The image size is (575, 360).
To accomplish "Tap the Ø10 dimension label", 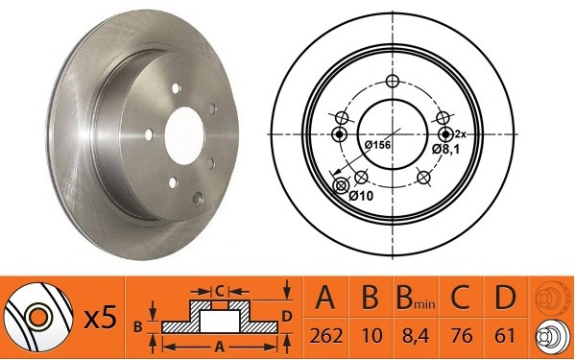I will pos(360,196).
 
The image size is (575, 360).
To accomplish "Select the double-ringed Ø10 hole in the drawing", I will pos(339,185).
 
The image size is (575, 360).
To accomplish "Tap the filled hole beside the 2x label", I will pos(444,133).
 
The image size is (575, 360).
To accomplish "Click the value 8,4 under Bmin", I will pos(414,337).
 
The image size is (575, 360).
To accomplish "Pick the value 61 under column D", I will pos(504,337).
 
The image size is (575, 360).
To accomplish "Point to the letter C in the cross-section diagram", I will pos(219,289).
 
